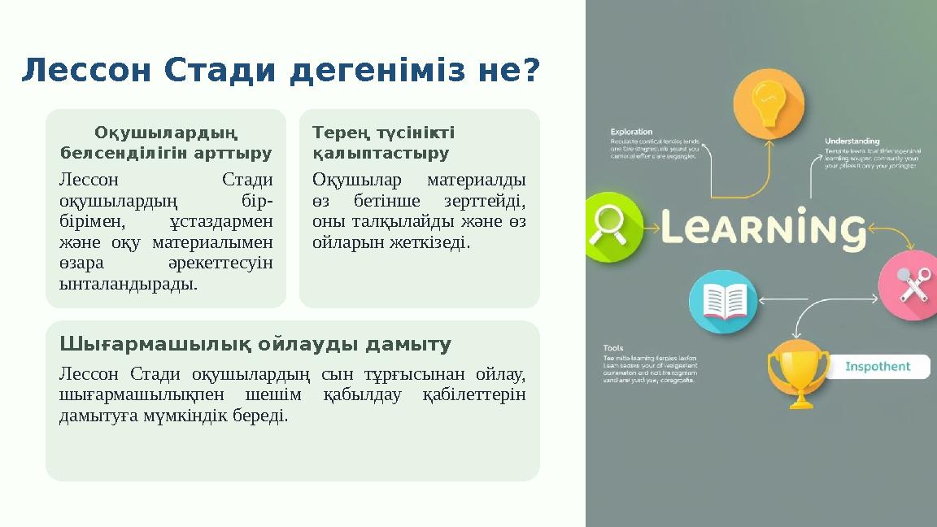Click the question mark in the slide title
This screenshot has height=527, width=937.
pyautogui.click(x=531, y=71)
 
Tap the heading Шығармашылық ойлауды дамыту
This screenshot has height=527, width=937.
pyautogui.click(x=255, y=345)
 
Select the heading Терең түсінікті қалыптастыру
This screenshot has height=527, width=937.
pyautogui.click(x=383, y=142)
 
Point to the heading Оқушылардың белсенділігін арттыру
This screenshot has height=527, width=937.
pyautogui.click(x=166, y=142)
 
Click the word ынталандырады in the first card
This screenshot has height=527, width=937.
pyautogui.click(x=129, y=285)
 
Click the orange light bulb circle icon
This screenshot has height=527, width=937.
pyautogui.click(x=768, y=103)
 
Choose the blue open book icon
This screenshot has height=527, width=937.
pyautogui.click(x=723, y=302)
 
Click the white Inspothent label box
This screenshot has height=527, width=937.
pyautogui.click(x=883, y=367)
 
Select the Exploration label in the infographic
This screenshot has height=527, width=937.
pyautogui.click(x=632, y=131)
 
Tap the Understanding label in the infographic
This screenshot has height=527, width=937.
pyautogui.click(x=853, y=141)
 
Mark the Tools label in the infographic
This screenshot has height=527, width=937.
pyautogui.click(x=614, y=348)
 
